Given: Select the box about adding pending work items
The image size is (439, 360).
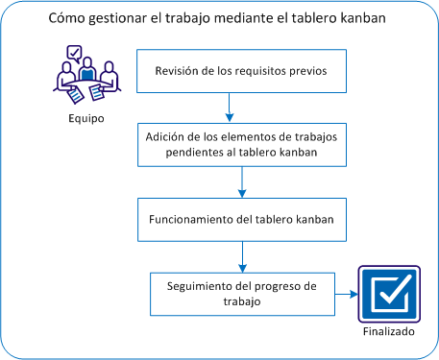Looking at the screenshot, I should (x=240, y=145).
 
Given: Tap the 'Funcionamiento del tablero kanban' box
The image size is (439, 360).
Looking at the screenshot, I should (x=240, y=219).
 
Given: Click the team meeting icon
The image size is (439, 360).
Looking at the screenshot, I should (x=86, y=75).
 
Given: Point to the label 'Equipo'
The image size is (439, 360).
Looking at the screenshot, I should (x=85, y=119).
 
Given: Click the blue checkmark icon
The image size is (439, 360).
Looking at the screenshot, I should (x=389, y=294).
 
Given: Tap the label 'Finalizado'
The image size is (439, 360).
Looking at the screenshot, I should (x=389, y=332).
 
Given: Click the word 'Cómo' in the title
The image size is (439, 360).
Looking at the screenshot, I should (x=66, y=19).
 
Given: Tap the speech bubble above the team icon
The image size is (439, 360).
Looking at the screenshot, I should (x=74, y=54).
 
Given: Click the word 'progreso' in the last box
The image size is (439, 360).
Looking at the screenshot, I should (x=280, y=286).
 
